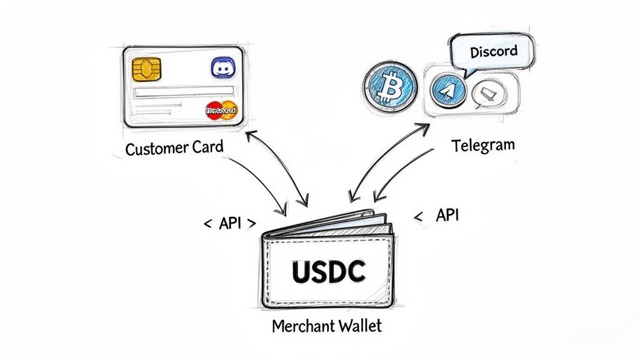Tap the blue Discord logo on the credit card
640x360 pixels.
point(221,67)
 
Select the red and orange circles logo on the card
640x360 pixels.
point(221,111)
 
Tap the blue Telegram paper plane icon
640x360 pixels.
point(447,91)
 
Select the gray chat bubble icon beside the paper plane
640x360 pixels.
point(484,94)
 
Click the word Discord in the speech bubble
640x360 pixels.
point(493,50)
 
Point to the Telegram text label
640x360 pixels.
point(483,146)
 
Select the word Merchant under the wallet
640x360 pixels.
point(297,326)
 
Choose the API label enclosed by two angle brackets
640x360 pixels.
point(229,223)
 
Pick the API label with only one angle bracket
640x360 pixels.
point(446,216)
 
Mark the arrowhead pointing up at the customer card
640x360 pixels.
point(251,135)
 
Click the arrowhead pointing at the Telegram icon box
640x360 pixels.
point(424,127)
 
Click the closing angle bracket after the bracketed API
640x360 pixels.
point(251,223)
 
